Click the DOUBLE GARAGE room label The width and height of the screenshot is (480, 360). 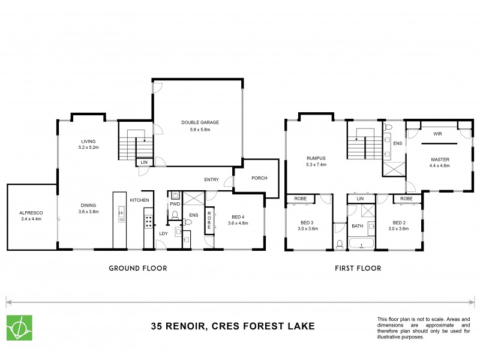[x=200, y=122]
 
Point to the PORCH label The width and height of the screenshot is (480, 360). [x=259, y=179]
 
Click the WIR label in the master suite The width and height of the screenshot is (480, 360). [x=437, y=135]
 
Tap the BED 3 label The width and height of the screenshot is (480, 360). [x=307, y=223]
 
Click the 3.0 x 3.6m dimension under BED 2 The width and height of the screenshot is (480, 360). [x=398, y=229]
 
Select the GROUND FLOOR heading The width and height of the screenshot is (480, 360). [x=137, y=268]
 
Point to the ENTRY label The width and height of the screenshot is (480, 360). [x=211, y=179]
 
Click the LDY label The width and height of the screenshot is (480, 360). [x=163, y=234]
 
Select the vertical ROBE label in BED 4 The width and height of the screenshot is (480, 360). [x=209, y=221]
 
